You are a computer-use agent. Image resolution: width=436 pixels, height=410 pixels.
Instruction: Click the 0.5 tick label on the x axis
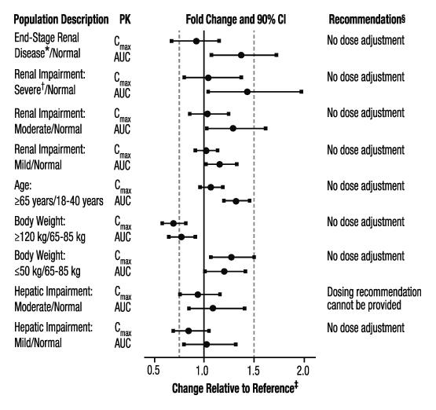(x=155, y=370)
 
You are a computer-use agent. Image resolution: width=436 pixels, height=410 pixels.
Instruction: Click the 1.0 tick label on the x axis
(x=203, y=370)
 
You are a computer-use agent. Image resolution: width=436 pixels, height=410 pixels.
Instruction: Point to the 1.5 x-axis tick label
(x=253, y=370)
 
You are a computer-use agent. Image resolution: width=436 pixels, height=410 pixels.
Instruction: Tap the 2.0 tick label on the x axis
(x=303, y=370)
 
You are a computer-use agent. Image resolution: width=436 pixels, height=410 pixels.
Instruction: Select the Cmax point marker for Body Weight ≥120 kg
(x=174, y=223)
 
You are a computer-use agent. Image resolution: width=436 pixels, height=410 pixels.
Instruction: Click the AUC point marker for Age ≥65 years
(x=236, y=201)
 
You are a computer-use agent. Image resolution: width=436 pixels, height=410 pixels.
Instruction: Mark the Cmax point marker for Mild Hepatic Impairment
(x=189, y=331)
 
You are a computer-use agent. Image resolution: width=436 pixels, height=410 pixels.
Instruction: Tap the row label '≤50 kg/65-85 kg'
(x=50, y=271)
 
